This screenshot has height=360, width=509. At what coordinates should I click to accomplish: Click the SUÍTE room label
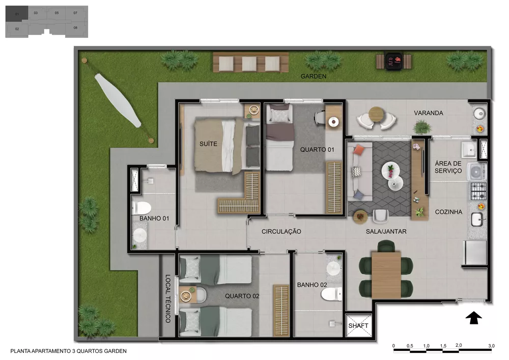pyautogui.click(x=208, y=144)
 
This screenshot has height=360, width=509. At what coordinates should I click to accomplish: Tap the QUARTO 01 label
pyautogui.click(x=317, y=150)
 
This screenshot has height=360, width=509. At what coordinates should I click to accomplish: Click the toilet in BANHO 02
pyautogui.click(x=333, y=294)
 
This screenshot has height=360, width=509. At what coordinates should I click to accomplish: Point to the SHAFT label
pyautogui.click(x=358, y=326)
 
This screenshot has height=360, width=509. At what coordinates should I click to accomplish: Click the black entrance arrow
pyautogui.click(x=474, y=318)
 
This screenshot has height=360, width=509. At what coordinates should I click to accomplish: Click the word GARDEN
pyautogui.click(x=313, y=76)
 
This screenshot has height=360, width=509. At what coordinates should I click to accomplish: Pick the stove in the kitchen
pyautogui.click(x=477, y=191)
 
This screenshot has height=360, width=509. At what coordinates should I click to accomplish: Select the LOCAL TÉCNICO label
pyautogui.click(x=167, y=299)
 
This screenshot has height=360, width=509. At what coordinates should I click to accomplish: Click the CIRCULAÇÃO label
pyautogui.click(x=281, y=232)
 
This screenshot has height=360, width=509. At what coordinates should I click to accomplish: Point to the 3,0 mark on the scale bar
pyautogui.click(x=491, y=346)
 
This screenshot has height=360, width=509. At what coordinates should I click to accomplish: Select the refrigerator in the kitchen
pyautogui.click(x=474, y=253)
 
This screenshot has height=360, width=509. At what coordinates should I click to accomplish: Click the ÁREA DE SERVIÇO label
pyautogui.click(x=448, y=167)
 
